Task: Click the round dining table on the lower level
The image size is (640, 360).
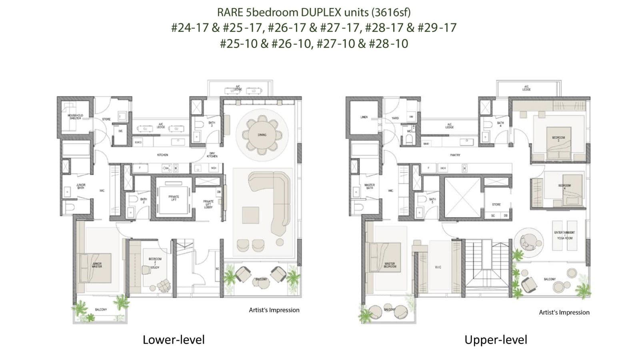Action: [x=262, y=134]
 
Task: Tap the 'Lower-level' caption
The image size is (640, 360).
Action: [x=174, y=340]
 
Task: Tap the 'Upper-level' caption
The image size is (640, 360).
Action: [x=496, y=340]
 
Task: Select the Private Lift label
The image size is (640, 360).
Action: [x=174, y=198]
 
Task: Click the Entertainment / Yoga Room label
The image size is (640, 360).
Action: [x=564, y=235]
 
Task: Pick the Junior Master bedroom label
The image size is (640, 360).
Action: [x=97, y=265]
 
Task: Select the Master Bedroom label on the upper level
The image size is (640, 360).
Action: [x=390, y=265]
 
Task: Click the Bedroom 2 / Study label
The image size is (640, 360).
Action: [x=155, y=263]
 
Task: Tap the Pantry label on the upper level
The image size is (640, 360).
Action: [x=455, y=155]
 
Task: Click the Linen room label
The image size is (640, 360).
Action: [x=364, y=117]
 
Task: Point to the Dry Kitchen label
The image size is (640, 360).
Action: [x=212, y=155]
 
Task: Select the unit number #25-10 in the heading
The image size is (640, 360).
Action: [x=238, y=43]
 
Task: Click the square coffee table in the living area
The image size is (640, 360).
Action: [x=251, y=215]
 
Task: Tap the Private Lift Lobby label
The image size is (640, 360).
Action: [x=208, y=204]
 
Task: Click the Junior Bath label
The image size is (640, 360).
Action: [x=80, y=186]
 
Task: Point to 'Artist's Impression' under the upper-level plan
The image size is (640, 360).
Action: [x=564, y=312]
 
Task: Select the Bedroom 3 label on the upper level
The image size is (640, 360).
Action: [x=558, y=139]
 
